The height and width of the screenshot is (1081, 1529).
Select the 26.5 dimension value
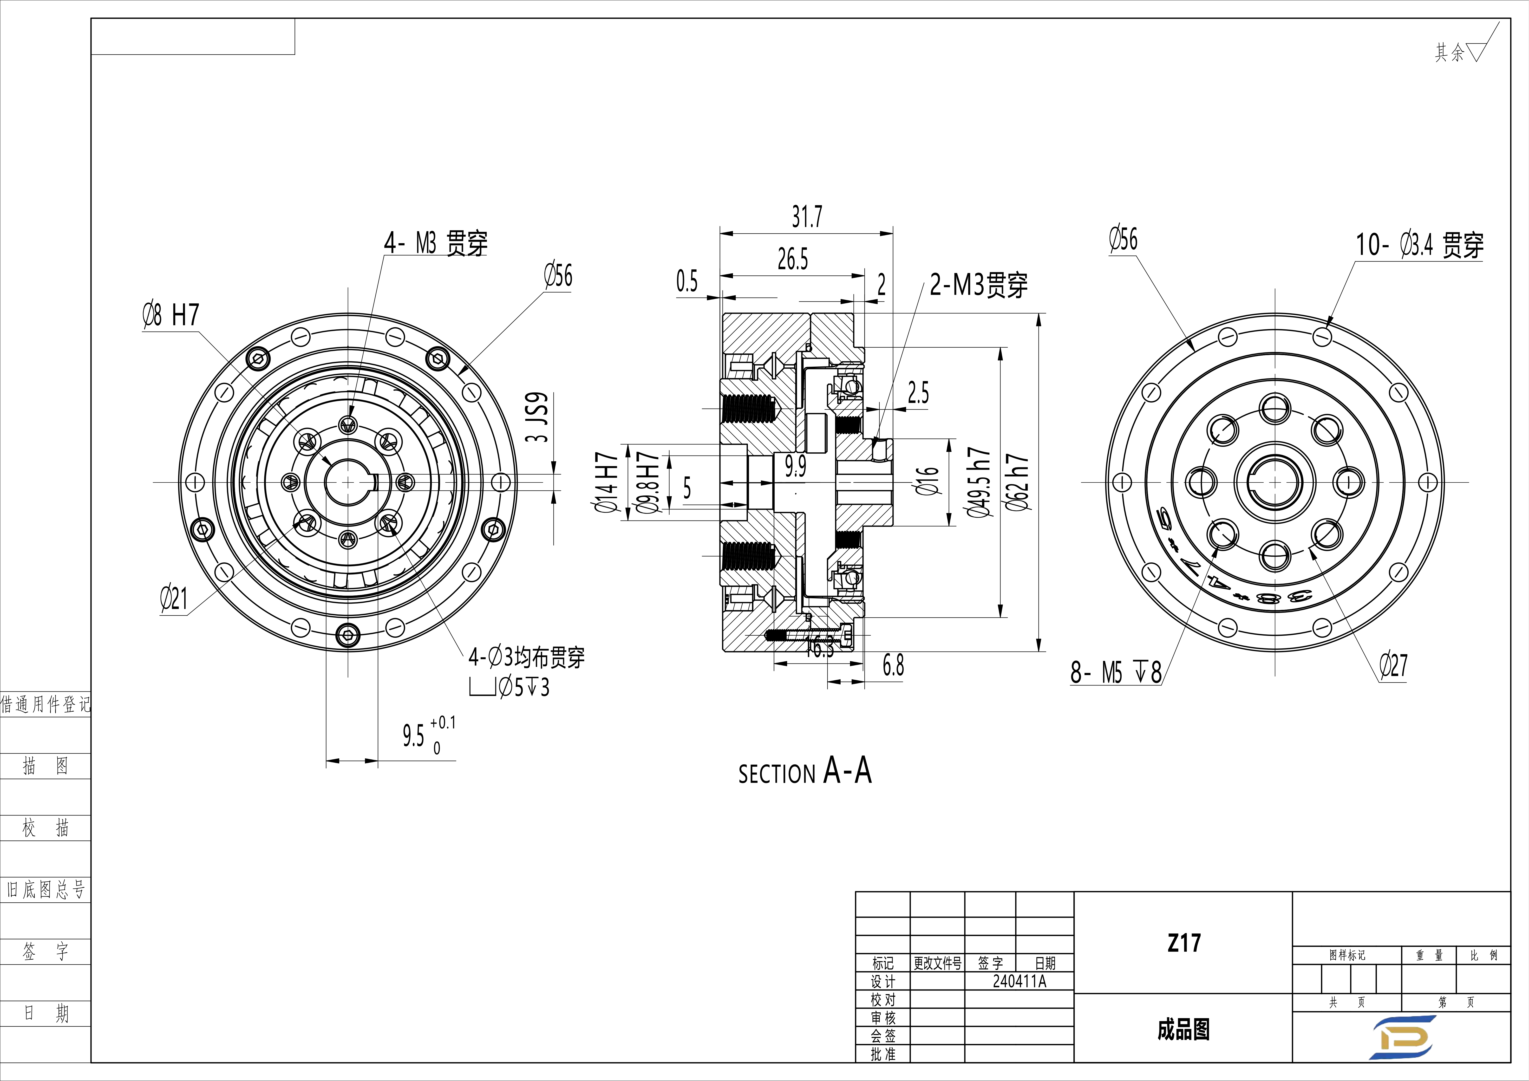click(792, 259)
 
